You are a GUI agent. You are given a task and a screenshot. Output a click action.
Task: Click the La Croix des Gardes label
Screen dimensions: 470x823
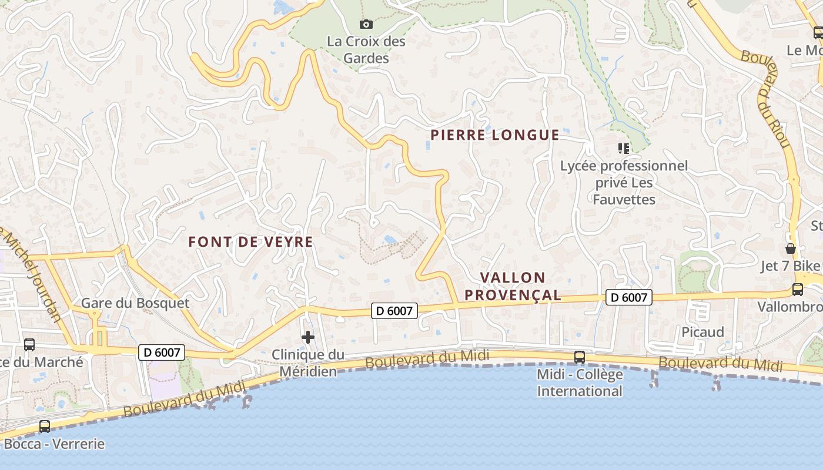coord(366,50)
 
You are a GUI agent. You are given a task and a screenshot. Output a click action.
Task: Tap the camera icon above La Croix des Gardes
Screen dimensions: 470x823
coord(366,24)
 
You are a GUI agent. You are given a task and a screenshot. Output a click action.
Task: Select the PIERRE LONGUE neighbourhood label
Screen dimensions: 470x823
coord(494,135)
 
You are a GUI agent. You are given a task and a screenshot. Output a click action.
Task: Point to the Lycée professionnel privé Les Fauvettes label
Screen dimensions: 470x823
coord(624,182)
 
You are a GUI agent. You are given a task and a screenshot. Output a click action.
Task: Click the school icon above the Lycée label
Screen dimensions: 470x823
coord(623,148)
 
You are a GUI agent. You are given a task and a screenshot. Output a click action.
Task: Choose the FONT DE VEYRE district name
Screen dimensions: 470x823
coord(250,241)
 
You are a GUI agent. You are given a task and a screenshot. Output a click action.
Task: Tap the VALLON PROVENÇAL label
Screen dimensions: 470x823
coord(513,286)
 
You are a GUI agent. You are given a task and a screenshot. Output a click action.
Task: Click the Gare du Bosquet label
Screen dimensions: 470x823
coord(135,303)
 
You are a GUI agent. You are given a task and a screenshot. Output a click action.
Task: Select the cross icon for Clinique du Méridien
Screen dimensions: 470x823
coord(307,337)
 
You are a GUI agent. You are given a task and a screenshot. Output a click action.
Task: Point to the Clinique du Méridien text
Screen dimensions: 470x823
coord(308,363)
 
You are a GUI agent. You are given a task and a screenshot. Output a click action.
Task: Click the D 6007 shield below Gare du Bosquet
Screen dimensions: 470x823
coord(162,352)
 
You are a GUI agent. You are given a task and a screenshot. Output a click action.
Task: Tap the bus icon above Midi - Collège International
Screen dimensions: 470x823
coord(580,357)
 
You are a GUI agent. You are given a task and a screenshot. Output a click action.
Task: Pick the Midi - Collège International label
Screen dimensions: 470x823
coord(580,382)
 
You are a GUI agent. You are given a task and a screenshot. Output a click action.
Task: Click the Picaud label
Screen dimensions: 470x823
coord(702,332)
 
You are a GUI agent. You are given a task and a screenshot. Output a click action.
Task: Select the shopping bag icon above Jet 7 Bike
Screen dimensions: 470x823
coord(791,249)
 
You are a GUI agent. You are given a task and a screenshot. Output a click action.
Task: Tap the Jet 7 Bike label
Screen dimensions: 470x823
coord(790,266)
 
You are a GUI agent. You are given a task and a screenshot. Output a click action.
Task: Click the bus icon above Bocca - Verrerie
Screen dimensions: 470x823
coord(45,427)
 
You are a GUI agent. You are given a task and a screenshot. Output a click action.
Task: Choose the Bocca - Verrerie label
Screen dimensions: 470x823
coord(54,444)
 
